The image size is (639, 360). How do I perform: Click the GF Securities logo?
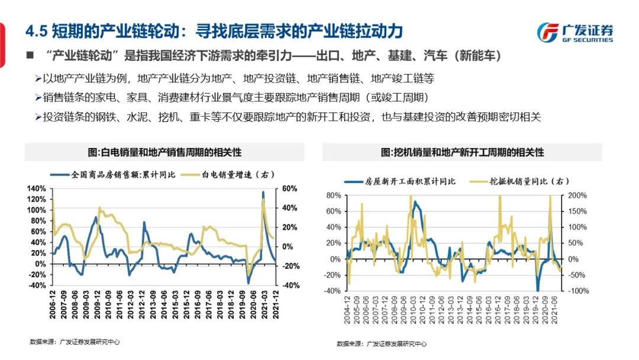pos(575,32)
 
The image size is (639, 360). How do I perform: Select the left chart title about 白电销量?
pos(164,152)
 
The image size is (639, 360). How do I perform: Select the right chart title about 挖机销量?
pos(462,152)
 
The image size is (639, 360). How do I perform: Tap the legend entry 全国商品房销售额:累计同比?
pos(118,175)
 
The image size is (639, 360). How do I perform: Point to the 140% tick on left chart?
pos(37,188)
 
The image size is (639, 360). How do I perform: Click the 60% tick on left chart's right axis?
pos(290,188)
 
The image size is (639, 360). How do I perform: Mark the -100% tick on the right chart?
pos(577,291)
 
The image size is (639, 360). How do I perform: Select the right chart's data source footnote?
pos(381,344)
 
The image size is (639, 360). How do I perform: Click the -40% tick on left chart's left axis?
pos(37,285)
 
